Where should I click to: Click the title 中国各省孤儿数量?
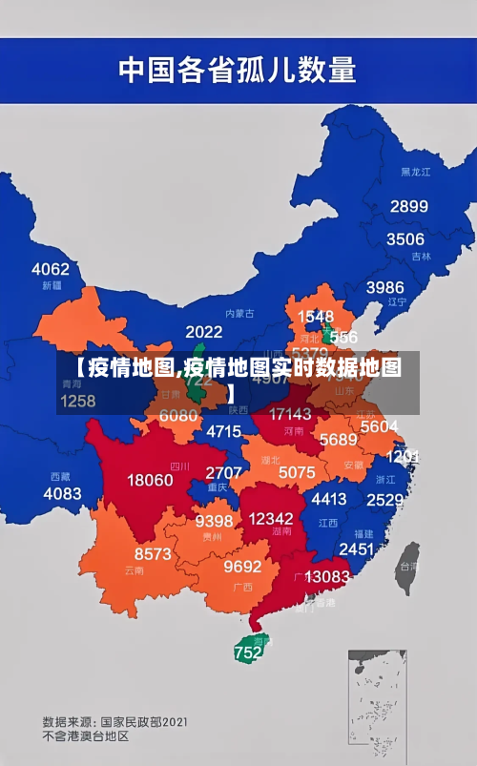coord(237,69)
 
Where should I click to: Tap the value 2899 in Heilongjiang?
coord(408,206)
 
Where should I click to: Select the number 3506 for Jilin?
coord(404,238)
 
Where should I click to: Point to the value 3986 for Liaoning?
coord(384,286)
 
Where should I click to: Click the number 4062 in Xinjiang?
coord(51,269)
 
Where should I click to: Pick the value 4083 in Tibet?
coord(62,493)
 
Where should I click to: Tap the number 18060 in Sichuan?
coord(150,480)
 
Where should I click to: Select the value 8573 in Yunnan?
coord(153,553)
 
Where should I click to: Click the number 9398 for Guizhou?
coord(214,521)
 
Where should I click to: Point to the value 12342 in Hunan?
coord(270,517)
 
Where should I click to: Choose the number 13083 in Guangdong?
coord(327,576)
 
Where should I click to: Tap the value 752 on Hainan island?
coord(247,653)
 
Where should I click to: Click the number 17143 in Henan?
coord(290,414)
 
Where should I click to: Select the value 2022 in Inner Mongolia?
coord(203,332)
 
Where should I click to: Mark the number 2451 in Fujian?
coord(356,549)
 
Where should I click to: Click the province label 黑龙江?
coord(415,172)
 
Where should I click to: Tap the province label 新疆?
coord(52,285)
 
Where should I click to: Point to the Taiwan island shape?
coord(407,562)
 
